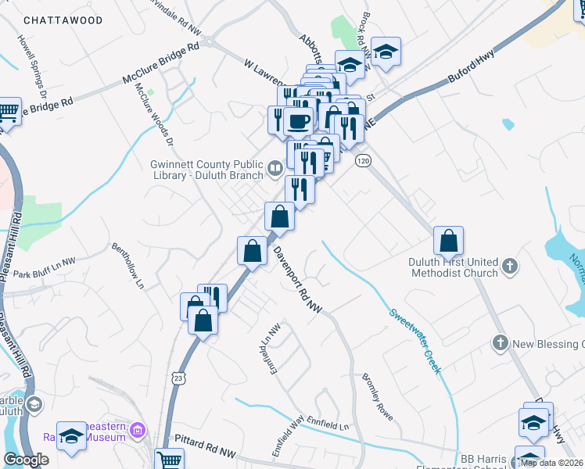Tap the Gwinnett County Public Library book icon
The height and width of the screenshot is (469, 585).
tap(275, 167)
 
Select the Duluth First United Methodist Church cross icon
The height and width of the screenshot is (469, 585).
tap(509, 266)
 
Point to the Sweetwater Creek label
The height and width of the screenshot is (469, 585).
tap(415, 338)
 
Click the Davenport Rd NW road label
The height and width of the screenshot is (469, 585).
tap(299, 281)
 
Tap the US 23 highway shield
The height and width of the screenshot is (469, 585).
tap(179, 378)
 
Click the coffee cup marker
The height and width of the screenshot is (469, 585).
tap(298, 120)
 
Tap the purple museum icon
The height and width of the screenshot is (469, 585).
tap(138, 429)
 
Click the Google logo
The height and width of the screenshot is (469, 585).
tap(26, 460)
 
